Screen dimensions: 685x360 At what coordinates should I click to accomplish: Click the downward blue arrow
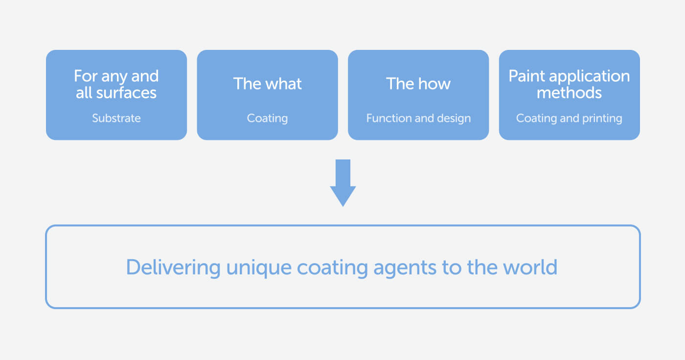(x=343, y=183)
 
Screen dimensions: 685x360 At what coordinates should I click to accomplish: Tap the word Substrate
(x=116, y=118)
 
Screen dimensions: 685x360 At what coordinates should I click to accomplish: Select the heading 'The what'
(x=267, y=84)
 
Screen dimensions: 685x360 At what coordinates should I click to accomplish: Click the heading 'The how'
(x=418, y=84)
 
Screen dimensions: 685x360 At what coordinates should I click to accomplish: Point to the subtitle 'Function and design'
(x=418, y=118)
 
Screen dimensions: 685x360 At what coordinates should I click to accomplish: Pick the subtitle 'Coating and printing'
(x=569, y=118)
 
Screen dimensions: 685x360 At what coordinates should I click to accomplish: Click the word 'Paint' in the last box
(x=526, y=76)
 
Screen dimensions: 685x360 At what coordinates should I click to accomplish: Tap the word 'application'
(x=589, y=76)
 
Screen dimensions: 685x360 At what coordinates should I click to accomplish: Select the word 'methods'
(x=569, y=92)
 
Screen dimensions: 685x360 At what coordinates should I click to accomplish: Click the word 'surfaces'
(x=126, y=93)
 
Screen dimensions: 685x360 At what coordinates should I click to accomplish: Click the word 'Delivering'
(x=173, y=268)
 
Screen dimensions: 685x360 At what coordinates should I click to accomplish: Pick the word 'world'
(x=530, y=267)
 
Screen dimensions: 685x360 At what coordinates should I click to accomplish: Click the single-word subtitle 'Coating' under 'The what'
(x=267, y=118)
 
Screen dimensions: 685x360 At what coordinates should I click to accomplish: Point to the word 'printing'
(x=602, y=119)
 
